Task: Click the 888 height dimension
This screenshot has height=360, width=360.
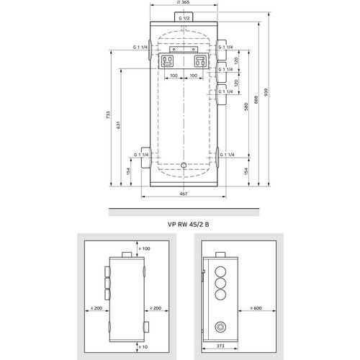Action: [x=257, y=102]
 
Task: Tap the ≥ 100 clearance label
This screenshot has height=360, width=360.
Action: [x=143, y=248]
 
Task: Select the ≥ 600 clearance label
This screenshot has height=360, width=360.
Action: [x=259, y=309]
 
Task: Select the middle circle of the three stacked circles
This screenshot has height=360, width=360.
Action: [x=220, y=285]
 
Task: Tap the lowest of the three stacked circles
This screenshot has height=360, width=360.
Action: [x=220, y=297]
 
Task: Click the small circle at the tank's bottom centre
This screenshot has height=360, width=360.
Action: [x=184, y=165]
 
